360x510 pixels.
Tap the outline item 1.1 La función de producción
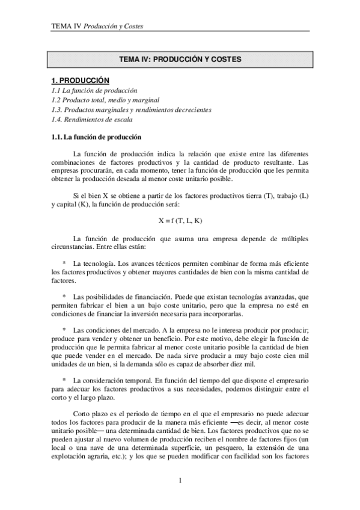tap(90, 90)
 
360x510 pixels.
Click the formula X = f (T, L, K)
tap(180, 220)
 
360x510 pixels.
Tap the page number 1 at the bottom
tap(180, 480)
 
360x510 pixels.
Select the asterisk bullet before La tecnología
tap(64, 263)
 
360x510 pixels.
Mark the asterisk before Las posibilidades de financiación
tap(64, 296)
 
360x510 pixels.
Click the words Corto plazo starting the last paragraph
tap(87, 414)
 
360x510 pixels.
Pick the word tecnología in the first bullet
tap(99, 263)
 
